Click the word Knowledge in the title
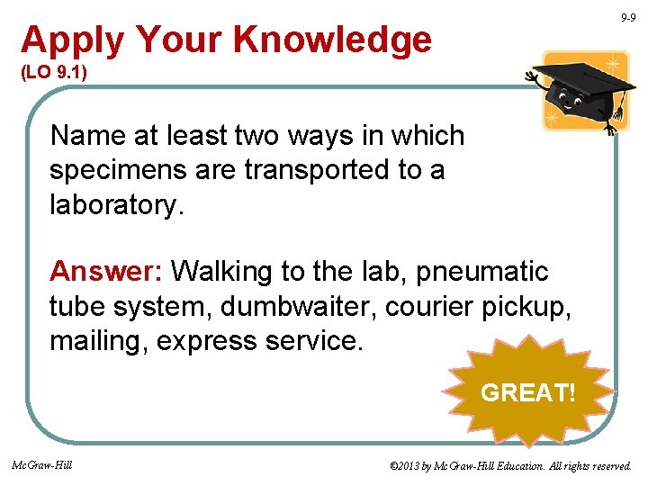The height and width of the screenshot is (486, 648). [x=332, y=40]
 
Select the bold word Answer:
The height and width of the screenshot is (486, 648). [x=107, y=270]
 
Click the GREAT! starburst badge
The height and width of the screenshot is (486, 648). [x=526, y=392]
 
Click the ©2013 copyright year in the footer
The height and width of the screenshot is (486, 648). [x=406, y=466]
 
